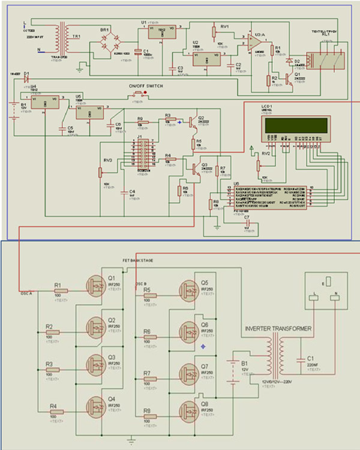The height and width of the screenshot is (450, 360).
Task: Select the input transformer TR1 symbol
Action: [60, 37]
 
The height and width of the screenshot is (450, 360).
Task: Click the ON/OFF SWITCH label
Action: [145, 86]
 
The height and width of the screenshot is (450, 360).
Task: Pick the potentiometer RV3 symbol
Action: [100, 172]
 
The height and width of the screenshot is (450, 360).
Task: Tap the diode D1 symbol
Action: [25, 77]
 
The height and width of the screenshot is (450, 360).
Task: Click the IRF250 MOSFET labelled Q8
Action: [191, 411]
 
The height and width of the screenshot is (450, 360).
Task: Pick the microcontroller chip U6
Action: [267, 197]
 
